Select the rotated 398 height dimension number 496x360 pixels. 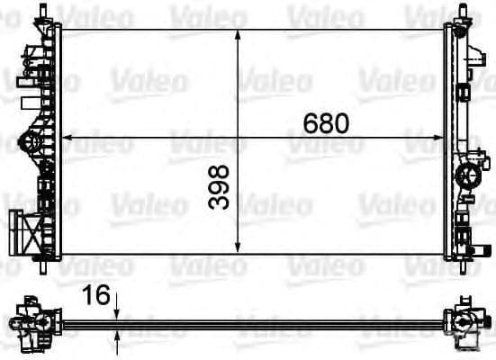click(x=219, y=187)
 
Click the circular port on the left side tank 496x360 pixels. click(x=28, y=141)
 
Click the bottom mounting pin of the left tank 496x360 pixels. click(x=44, y=268)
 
